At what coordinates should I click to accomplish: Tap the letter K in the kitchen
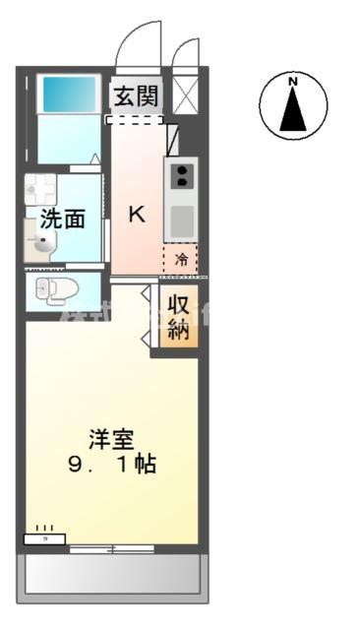pos(137,214)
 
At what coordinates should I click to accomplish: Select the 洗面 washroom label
pos(62,219)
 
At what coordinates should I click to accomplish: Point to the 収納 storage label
pos(178,316)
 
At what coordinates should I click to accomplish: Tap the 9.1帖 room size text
pos(109,465)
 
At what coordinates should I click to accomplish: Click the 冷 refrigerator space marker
pos(181,260)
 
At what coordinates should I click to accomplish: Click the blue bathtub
pos(69,95)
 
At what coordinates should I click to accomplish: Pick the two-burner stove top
pos(181,176)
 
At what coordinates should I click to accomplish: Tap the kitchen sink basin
pos(181,222)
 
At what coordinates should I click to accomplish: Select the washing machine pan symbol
pos(41,187)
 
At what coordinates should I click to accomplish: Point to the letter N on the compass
pos(292,83)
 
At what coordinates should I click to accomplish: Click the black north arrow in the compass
pos(292,111)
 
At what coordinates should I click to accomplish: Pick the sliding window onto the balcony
pos(111,547)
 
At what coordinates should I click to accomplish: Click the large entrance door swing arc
pos(137,44)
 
